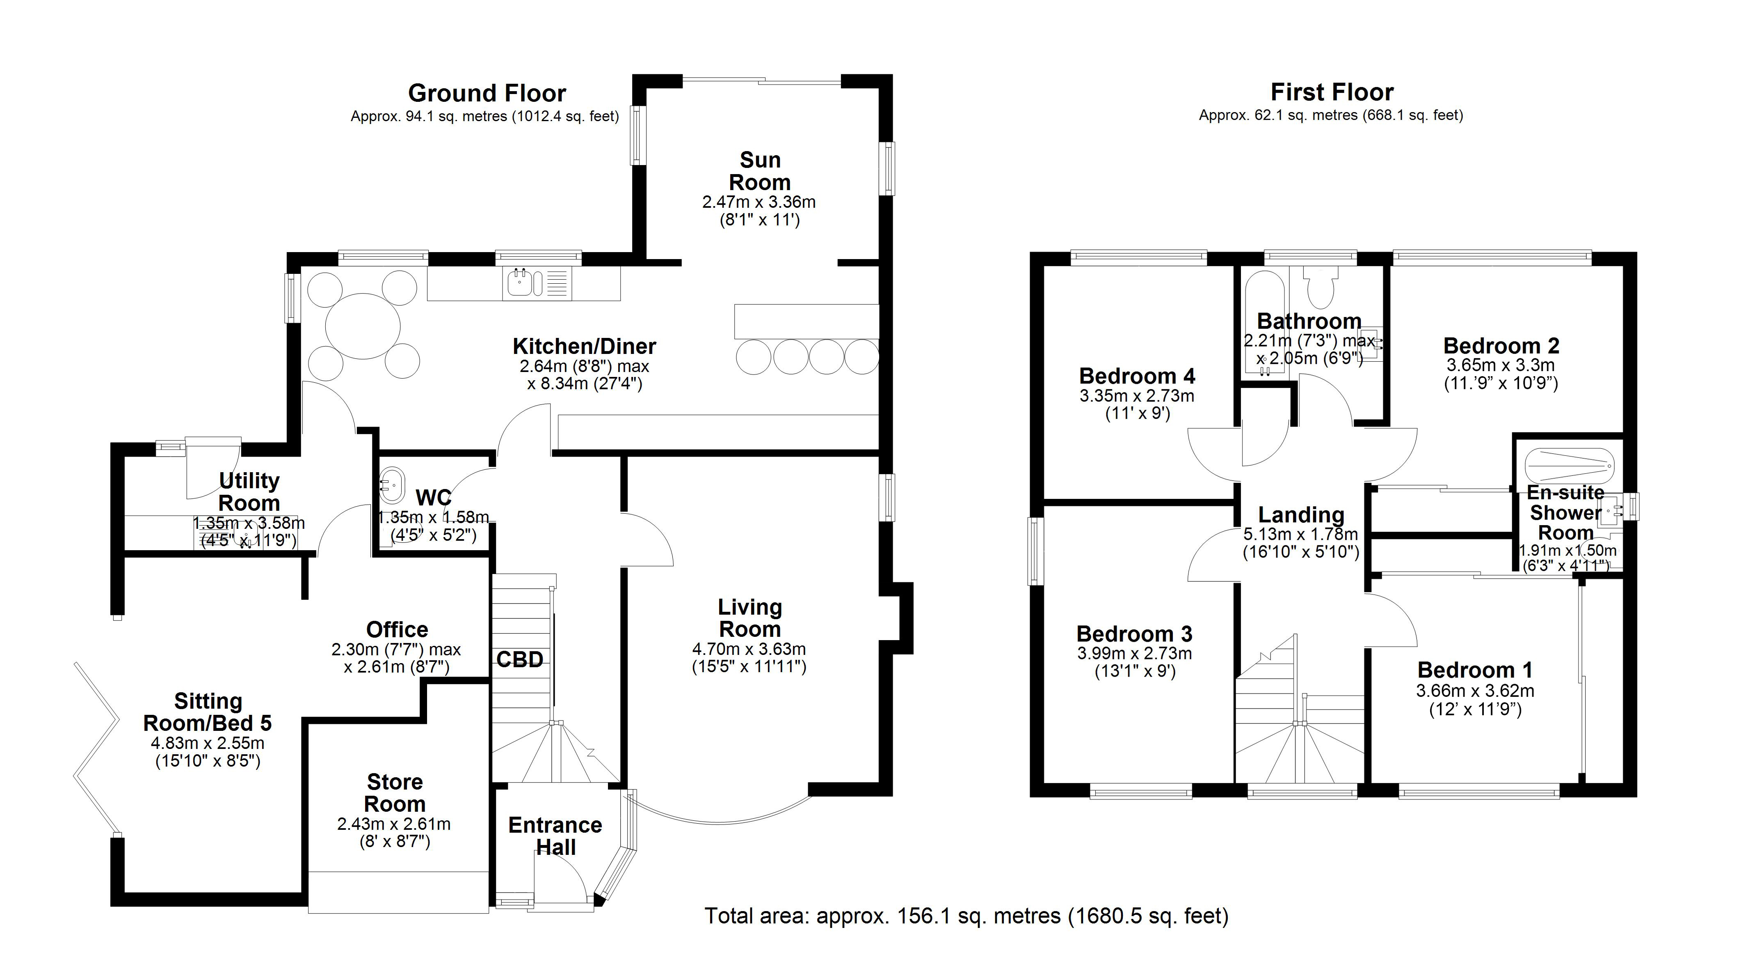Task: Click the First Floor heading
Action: click(1332, 92)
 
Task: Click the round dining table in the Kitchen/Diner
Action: click(363, 326)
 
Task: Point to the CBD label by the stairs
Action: click(520, 659)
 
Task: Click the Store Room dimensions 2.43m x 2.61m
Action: click(394, 824)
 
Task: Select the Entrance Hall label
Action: click(555, 836)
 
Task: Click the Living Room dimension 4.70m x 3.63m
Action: click(749, 649)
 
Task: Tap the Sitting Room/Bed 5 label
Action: click(208, 712)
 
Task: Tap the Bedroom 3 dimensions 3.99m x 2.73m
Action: click(1135, 654)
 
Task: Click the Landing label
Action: click(1301, 514)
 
